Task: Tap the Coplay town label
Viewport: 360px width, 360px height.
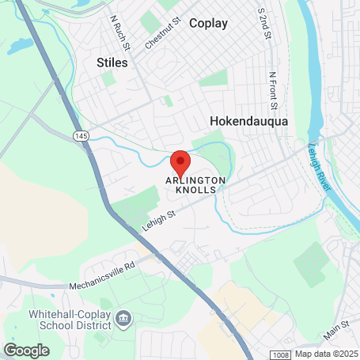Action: tap(208, 23)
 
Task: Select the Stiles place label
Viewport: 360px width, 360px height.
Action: tap(111, 62)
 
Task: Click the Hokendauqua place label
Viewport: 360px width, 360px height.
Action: tap(248, 121)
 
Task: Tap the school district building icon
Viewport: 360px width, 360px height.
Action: tap(123, 319)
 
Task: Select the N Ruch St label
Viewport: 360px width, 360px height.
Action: tap(119, 29)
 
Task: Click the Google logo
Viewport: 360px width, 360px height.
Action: tap(26, 350)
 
